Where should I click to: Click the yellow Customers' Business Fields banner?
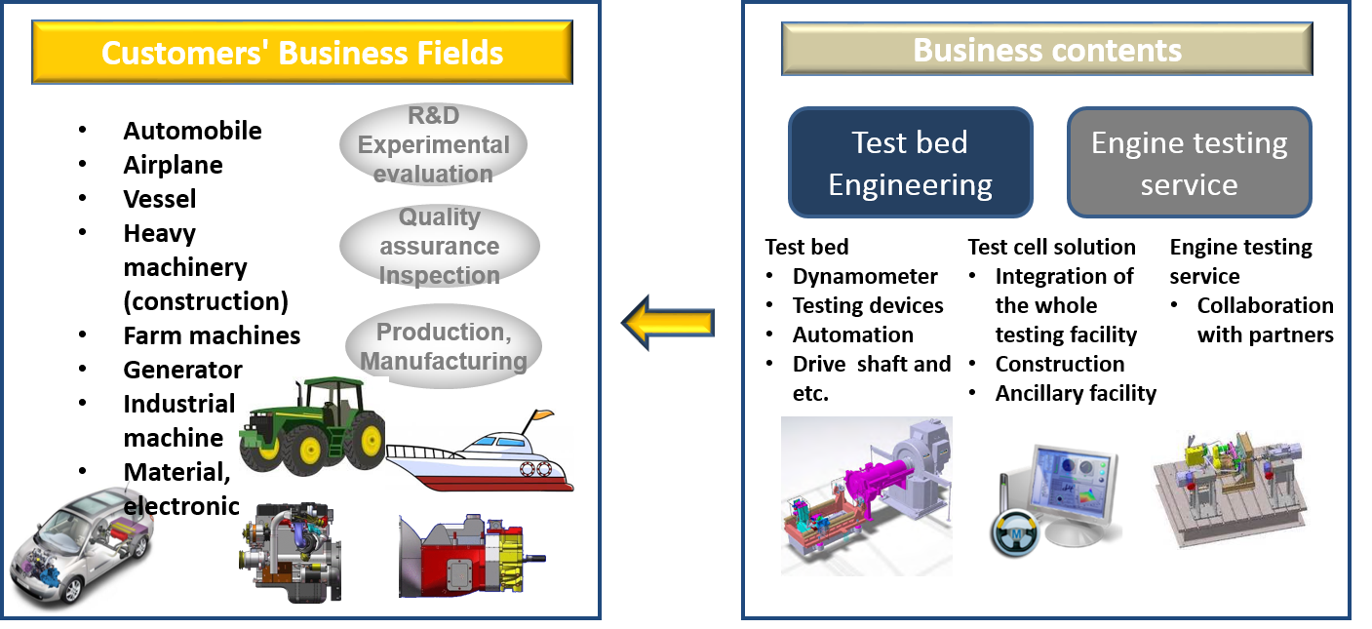click(x=301, y=52)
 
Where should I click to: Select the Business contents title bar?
click(x=1046, y=50)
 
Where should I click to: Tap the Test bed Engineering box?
click(x=910, y=163)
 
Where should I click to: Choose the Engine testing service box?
click(x=1189, y=163)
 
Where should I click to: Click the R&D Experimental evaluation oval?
click(x=433, y=145)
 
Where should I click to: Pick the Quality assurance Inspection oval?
click(x=439, y=246)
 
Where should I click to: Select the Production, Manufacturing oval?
click(x=444, y=346)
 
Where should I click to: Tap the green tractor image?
click(x=312, y=427)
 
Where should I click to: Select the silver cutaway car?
click(x=80, y=542)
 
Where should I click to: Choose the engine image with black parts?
click(x=290, y=552)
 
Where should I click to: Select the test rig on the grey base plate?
click(x=1230, y=489)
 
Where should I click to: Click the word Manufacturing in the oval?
click(x=444, y=362)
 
